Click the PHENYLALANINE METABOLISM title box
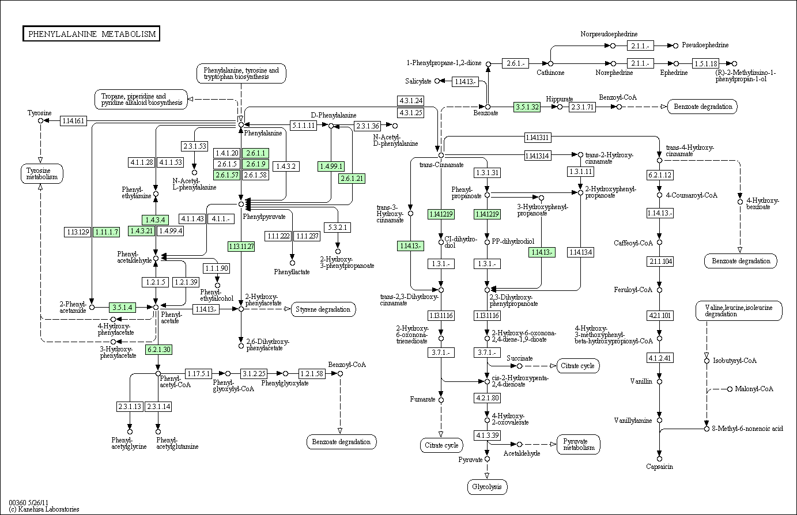coord(91,34)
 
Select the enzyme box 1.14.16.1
coord(73,121)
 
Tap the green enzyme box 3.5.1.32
coord(527,107)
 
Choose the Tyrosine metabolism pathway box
coord(42,173)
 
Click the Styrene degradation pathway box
coord(323,309)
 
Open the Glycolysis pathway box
coord(487,487)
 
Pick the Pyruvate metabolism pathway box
coord(579,445)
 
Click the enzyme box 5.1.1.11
coord(303,126)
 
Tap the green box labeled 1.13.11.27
coord(241,247)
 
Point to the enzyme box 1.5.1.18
coord(706,64)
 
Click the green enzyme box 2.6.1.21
coord(352,179)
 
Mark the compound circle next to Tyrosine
coord(40,121)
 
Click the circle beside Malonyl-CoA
coord(730,389)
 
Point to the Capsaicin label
coord(659,467)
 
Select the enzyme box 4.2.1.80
coord(487,398)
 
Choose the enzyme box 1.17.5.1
coord(199,374)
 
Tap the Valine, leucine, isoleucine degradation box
coord(739,311)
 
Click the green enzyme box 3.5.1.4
coord(122,307)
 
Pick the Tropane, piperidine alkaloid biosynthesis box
coord(141,100)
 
